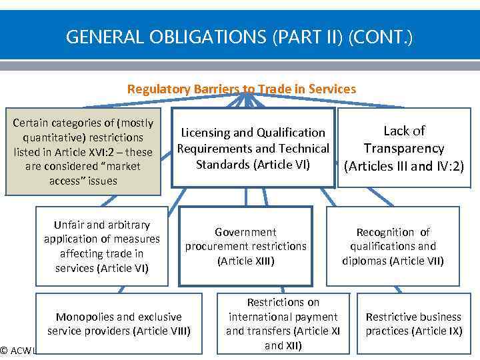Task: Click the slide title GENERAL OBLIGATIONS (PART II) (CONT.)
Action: pos(239,37)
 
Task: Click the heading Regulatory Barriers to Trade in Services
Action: pos(241,89)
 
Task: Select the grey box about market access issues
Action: pos(83,152)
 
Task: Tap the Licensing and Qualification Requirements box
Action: pos(253,148)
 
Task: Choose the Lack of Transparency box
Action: pos(404,148)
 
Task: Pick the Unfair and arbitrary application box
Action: pos(101,247)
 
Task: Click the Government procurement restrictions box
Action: pos(245,247)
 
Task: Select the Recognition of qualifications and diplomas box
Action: pos(393,247)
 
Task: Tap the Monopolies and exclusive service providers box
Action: pos(119,323)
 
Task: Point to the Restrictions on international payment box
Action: pos(283,324)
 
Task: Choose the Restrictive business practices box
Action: pos(413,323)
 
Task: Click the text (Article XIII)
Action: pos(245,261)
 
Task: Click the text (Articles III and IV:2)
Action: pos(404,167)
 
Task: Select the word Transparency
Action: pos(404,148)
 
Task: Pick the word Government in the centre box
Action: pos(245,232)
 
